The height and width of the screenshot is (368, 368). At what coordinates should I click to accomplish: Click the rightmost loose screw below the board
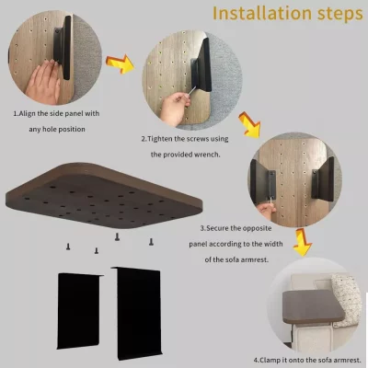[151, 241]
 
